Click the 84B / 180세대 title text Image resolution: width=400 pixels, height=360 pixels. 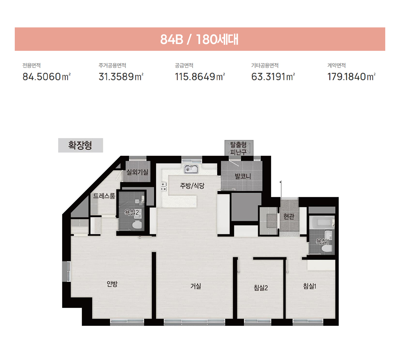pos(199,39)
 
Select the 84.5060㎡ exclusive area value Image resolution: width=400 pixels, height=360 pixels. pos(47,77)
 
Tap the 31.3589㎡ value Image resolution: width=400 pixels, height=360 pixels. pos(121,77)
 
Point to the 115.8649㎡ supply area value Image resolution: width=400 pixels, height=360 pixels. pos(200,77)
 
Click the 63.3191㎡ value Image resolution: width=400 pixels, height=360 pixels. pos(273,77)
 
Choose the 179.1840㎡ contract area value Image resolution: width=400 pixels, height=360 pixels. pos(352,77)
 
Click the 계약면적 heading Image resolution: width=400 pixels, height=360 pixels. pos(337,65)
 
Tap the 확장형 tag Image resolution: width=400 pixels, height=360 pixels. pos(81,145)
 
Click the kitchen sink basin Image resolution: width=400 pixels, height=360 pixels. pos(191,169)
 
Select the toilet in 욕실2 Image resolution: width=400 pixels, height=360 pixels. pos(137,224)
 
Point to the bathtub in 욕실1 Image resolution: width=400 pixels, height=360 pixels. pos(321,222)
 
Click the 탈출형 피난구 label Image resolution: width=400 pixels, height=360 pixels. pos(239,148)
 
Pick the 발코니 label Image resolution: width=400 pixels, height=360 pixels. pos(243,176)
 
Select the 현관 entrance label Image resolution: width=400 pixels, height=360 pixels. pos(289,216)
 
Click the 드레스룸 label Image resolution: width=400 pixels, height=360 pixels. pos(104,196)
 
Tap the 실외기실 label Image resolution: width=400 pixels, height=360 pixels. pos(138,172)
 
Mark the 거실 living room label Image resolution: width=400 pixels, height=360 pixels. pos(196,286)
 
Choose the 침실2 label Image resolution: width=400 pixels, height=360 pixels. pos(261,288)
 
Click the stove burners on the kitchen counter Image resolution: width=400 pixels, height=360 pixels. pos(164,187)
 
